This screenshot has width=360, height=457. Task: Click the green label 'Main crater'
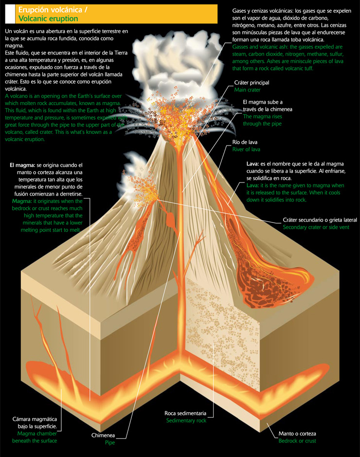coord(247,90)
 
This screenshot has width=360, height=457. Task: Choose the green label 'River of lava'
coord(246,149)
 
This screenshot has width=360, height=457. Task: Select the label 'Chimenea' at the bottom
coord(103,436)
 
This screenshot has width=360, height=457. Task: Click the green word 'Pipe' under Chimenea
coord(109,443)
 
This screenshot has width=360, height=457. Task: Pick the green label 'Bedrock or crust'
coord(297,440)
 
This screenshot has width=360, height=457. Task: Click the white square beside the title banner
coord(9,14)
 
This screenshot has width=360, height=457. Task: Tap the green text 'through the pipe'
coord(262,124)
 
